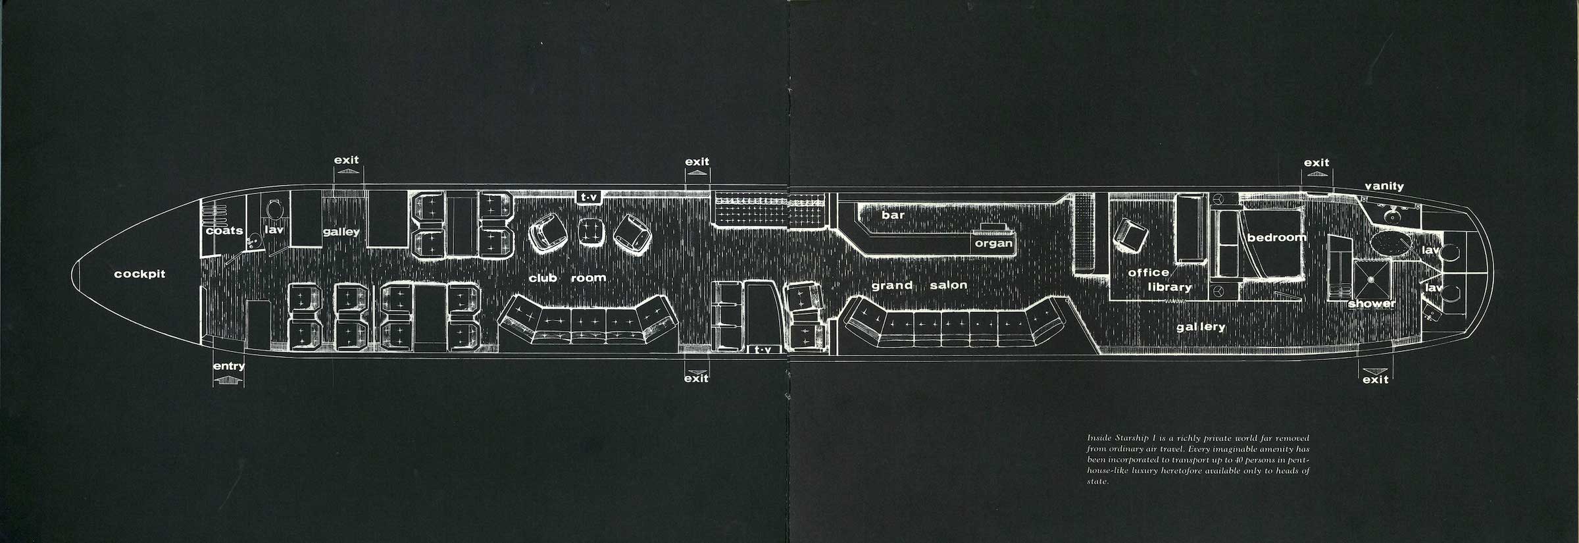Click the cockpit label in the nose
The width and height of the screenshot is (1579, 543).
[x=139, y=274]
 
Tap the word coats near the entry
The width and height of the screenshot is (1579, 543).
[x=224, y=231]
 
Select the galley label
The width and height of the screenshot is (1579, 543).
[x=341, y=232]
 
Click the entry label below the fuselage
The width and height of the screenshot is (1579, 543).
[x=229, y=367]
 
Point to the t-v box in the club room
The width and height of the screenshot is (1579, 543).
[x=588, y=196]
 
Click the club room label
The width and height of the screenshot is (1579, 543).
[x=567, y=278]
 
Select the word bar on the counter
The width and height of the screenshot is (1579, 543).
[x=893, y=215]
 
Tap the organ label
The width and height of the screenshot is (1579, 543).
[x=993, y=244]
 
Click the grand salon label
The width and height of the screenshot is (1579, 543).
[x=919, y=286]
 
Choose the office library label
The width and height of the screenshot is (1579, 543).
[x=1159, y=280]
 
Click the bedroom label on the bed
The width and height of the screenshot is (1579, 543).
[x=1276, y=237]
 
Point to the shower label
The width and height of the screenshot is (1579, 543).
[x=1372, y=304]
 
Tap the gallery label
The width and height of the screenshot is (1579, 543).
[x=1201, y=327]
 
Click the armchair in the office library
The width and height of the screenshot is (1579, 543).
[x=1132, y=236]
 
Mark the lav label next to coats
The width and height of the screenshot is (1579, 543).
[x=274, y=230]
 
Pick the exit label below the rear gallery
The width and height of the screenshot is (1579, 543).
[x=1375, y=380]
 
